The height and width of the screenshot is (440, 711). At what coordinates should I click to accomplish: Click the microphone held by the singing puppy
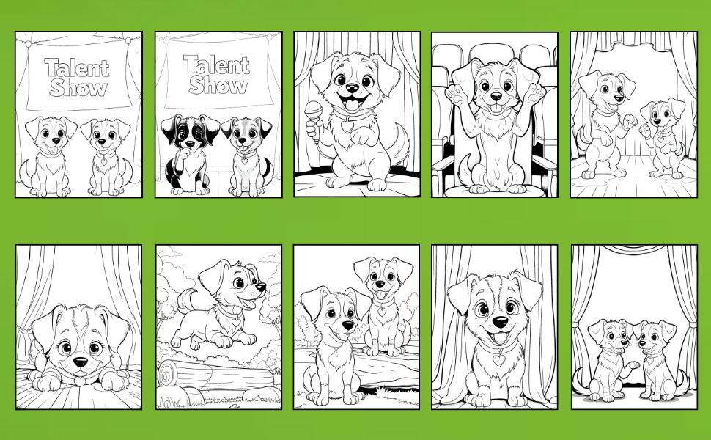pyautogui.click(x=313, y=111)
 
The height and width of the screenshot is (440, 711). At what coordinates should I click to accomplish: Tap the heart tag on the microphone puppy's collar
pyautogui.click(x=347, y=125)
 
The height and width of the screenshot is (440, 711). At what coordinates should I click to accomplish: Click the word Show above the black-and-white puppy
pyautogui.click(x=218, y=85)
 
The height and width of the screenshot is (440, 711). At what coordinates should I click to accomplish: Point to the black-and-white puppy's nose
pyautogui.click(x=190, y=144)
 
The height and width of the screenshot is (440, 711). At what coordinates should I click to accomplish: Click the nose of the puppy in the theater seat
pyautogui.click(x=496, y=97)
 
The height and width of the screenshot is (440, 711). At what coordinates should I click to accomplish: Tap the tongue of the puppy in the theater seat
pyautogui.click(x=496, y=109)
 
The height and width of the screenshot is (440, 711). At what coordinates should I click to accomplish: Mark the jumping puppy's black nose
pyautogui.click(x=261, y=287)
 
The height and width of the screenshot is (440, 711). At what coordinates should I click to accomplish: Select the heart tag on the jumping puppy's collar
pyautogui.click(x=235, y=321)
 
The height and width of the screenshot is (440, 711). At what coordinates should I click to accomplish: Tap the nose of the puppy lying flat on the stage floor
pyautogui.click(x=80, y=362)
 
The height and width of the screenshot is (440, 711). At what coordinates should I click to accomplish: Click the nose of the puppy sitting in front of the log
pyautogui.click(x=347, y=326)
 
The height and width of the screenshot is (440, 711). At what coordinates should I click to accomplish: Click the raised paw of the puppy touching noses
pyautogui.click(x=633, y=364)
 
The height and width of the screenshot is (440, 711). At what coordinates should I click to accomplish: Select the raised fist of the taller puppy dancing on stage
pyautogui.click(x=629, y=121)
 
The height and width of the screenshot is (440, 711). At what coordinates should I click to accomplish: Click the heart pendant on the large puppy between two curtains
pyautogui.click(x=498, y=360)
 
